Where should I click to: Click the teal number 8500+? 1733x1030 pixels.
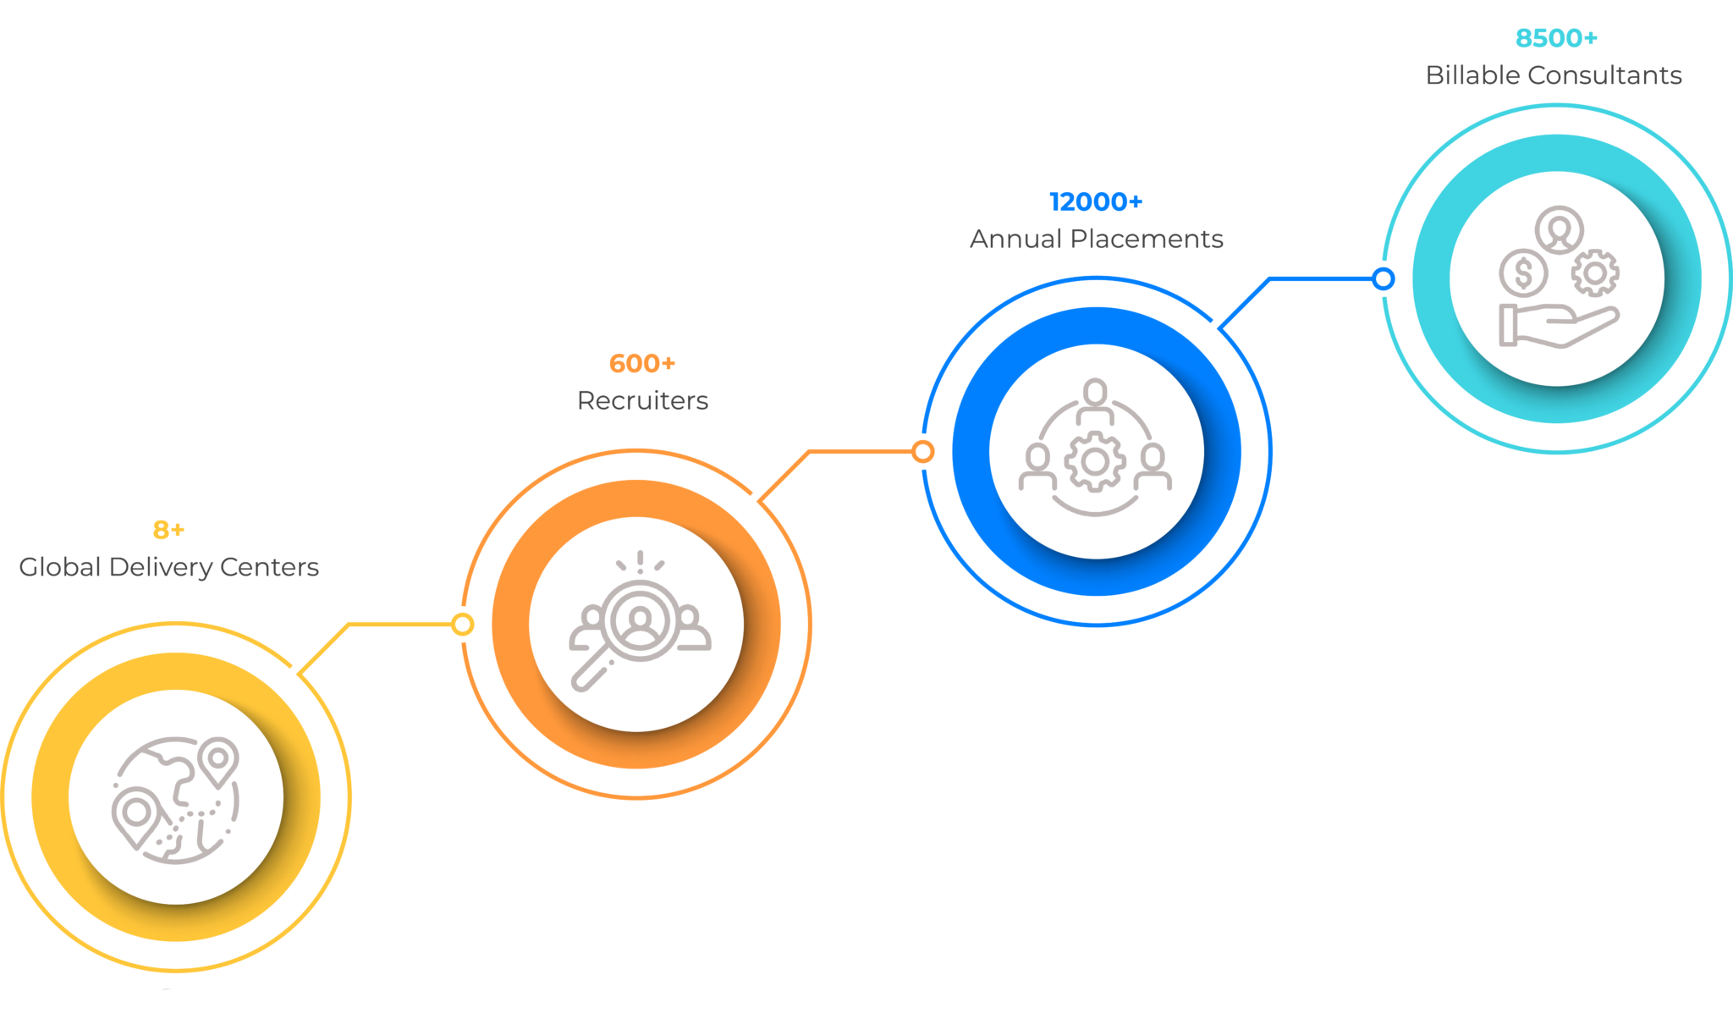tap(1555, 38)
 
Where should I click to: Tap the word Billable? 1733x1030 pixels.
tap(1473, 74)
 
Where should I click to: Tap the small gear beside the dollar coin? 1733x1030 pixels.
tap(1595, 273)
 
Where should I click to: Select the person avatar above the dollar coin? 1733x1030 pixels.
tap(1560, 229)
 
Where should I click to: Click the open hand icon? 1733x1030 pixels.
tap(1557, 326)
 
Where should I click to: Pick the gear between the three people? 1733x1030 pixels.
tap(1095, 461)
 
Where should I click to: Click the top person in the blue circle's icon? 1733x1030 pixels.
tap(1095, 400)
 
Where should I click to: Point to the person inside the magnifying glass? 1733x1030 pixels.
tap(641, 620)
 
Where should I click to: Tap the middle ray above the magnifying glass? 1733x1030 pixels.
tap(641, 560)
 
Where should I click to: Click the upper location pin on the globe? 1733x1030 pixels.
tap(220, 759)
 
